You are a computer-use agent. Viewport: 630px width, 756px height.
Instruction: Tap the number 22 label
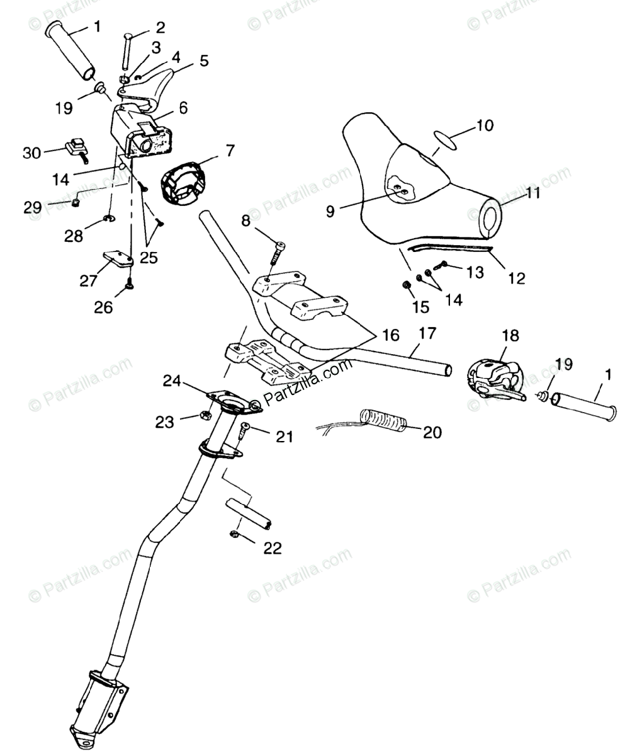coord(272,548)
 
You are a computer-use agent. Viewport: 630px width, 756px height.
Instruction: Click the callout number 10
coord(485,125)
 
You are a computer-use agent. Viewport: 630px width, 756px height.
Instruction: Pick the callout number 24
coord(172,381)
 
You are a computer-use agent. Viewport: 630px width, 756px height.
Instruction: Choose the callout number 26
coord(103,307)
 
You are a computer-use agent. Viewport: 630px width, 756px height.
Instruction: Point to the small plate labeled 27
coord(116,258)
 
